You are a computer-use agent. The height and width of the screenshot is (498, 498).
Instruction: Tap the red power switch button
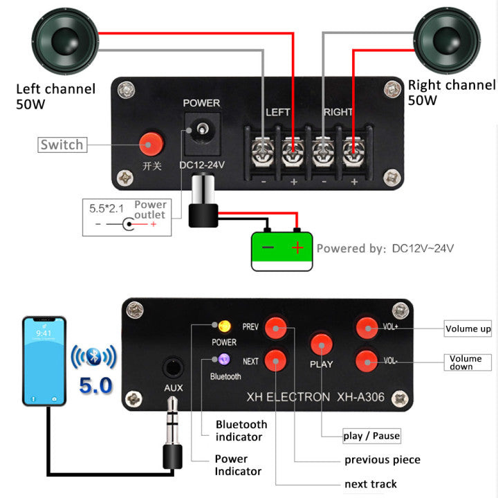tap(150, 144)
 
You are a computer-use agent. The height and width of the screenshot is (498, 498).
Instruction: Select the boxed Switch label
tap(62, 145)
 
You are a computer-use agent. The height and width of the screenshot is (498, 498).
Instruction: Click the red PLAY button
tap(321, 344)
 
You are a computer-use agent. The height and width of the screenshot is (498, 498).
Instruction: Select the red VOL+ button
tap(366, 326)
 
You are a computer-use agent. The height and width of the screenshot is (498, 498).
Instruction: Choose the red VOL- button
tap(366, 360)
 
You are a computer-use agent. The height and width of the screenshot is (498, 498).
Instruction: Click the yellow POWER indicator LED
tap(224, 326)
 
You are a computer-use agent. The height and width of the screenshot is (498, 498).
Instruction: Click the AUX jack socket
tap(173, 367)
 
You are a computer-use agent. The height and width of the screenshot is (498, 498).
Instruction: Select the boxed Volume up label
tap(468, 329)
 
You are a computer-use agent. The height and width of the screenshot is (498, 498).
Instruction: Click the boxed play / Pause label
tap(371, 435)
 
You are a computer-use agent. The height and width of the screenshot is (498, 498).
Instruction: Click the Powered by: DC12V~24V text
tap(385, 248)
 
